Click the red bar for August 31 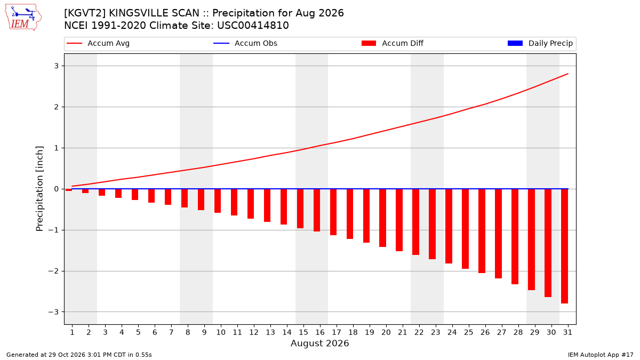pos(564,246)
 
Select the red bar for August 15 pos(300,209)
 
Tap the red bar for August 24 pos(449,226)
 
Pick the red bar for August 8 pos(185,198)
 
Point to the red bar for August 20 pos(382,218)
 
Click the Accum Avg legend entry pos(98,43)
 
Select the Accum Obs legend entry pos(245,43)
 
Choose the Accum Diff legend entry pos(393,43)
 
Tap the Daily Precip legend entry pos(540,43)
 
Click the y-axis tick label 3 pos(56,66)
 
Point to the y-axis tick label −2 pos(53,271)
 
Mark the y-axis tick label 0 pos(56,189)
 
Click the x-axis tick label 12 pos(254,332)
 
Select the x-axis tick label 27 pos(501,332)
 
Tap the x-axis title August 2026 pos(319,343)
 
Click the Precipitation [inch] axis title pos(39,189)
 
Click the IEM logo pos(23,18)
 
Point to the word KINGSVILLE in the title pos(154,13)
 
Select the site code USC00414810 pos(253,26)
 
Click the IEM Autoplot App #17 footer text pos(601,355)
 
